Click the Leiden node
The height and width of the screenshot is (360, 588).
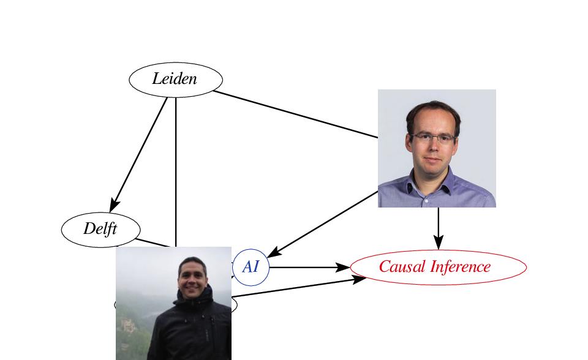click(x=175, y=79)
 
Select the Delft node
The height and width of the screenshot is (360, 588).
click(x=100, y=229)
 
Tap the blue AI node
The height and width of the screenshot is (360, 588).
click(x=251, y=267)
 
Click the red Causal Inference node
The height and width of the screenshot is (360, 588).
click(x=438, y=267)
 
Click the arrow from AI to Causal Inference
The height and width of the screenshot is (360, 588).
click(x=306, y=267)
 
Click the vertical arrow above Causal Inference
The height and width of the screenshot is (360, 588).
click(x=438, y=227)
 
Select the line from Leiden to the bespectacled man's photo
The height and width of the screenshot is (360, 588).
click(x=294, y=114)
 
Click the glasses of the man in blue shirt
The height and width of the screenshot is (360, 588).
click(x=432, y=138)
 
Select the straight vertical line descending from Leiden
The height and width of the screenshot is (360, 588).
click(x=176, y=171)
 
